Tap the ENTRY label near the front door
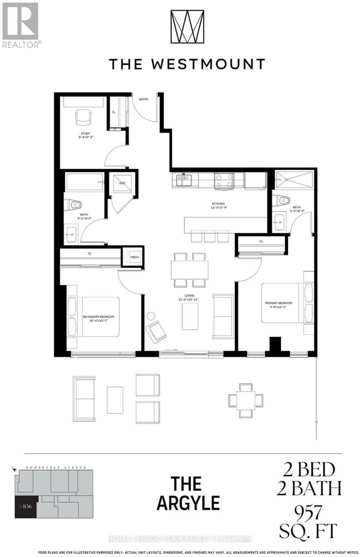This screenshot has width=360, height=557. pos(143,99)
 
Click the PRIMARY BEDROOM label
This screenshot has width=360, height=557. pos(282,303)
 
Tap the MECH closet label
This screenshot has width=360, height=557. pos(134,257)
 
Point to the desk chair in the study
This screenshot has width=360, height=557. pos(83,116)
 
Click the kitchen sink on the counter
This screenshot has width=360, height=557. pos(183,178)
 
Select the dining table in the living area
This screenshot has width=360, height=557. pos(189,270)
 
